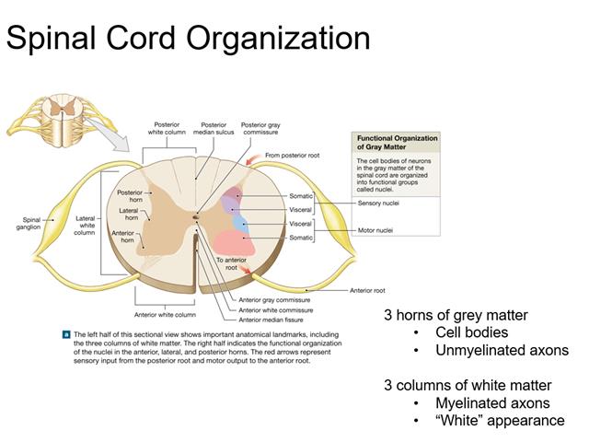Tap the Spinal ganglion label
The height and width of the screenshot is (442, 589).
point(32,223)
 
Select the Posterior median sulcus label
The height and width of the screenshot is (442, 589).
point(213,128)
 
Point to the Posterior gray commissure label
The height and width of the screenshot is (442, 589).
point(260,128)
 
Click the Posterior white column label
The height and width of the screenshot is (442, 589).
point(167,128)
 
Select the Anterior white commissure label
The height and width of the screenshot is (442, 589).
point(274,309)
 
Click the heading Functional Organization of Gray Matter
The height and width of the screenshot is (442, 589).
point(397,143)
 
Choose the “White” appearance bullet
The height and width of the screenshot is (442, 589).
point(501,420)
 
